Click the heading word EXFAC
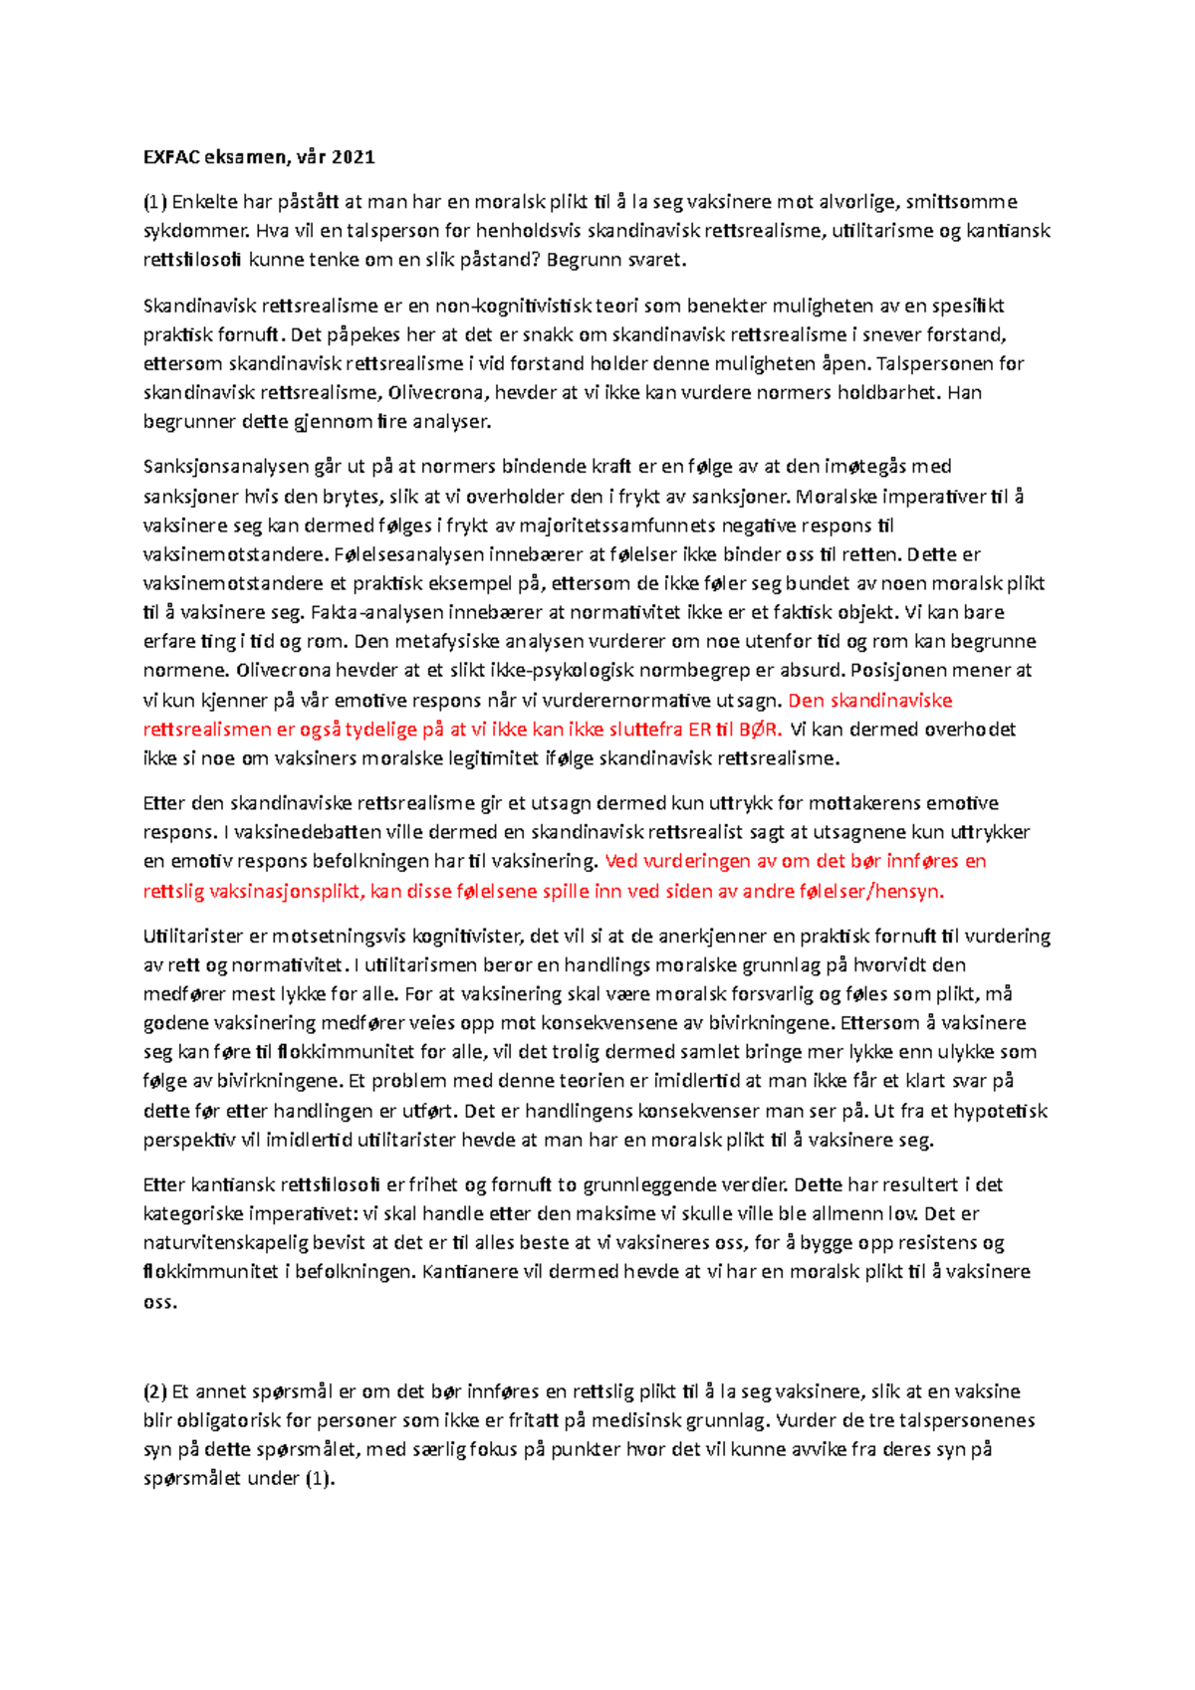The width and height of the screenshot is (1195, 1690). click(x=170, y=156)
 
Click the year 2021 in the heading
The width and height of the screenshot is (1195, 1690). click(x=354, y=156)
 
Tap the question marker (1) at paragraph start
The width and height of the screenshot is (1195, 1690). click(x=155, y=202)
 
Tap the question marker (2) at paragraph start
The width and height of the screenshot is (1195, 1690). click(x=155, y=1391)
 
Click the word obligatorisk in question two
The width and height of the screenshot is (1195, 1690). click(x=225, y=1420)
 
